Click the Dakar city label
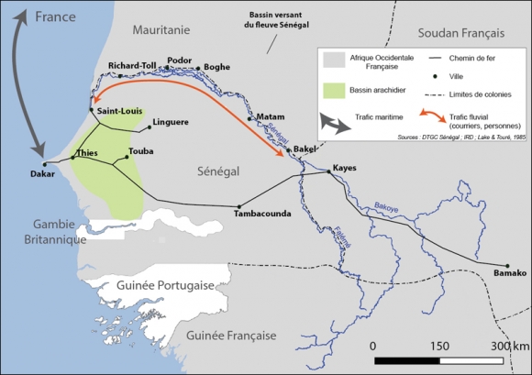[x=42, y=172]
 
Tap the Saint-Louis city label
[x=119, y=111]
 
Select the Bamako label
[x=510, y=273]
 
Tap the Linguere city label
[x=170, y=122]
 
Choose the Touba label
[x=142, y=151]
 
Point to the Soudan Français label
[x=461, y=33]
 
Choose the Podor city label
[x=181, y=61]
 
